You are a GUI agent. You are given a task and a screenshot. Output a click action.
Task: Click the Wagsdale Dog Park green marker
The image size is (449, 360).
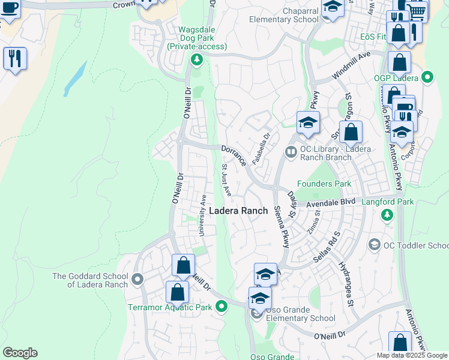[196, 59]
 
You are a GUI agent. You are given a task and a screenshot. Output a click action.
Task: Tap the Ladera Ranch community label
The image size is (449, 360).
[238, 211]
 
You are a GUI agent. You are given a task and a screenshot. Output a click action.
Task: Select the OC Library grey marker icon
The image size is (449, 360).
[291, 152]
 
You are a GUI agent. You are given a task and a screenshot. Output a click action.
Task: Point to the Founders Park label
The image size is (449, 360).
[324, 184]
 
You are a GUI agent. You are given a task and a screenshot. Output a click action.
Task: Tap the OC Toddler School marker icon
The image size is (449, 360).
[375, 245]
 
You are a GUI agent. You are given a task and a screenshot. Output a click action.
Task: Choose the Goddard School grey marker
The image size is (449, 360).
[137, 280]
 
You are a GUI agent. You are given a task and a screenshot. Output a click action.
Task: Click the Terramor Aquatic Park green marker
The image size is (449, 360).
[221, 307]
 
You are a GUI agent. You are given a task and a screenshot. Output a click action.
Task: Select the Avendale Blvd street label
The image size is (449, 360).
[331, 203]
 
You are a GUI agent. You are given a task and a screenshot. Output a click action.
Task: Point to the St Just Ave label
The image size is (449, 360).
[226, 180]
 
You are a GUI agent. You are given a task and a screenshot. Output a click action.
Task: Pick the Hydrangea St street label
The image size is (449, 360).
[346, 285]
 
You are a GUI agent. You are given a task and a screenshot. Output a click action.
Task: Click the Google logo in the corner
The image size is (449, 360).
[20, 353]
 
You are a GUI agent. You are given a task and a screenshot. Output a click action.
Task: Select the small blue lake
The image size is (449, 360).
[74, 78]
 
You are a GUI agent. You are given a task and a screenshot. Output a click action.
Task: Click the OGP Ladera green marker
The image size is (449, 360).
[427, 77]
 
